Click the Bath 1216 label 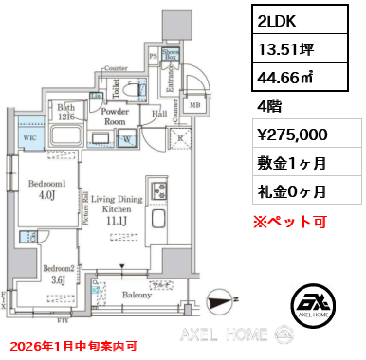[x=63, y=111]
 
